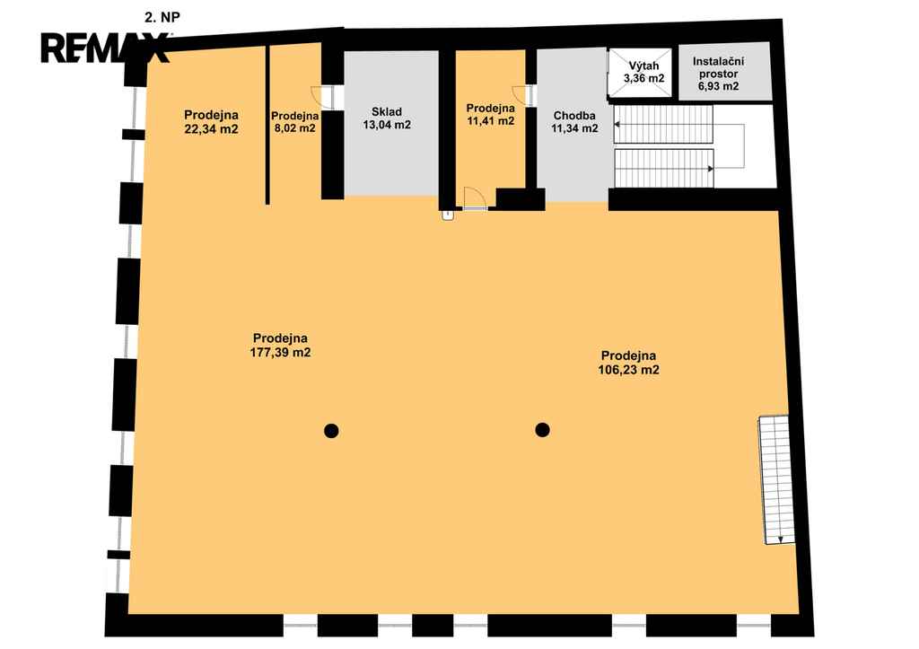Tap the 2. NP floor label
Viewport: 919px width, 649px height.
162,18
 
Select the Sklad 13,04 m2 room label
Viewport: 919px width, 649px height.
387,118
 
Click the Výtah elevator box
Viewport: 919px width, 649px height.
640,74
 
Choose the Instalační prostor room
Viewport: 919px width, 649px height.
724,71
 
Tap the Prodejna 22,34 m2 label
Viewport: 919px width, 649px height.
211,122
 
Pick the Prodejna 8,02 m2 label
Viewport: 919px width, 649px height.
294,122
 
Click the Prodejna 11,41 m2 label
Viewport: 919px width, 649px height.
491,114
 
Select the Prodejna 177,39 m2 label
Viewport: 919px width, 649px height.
280,346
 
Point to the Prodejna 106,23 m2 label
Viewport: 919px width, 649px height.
628,363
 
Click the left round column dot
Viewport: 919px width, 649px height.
331,431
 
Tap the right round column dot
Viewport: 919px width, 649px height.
542,430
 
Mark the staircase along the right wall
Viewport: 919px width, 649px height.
777,480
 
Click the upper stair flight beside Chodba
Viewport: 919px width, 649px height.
663,124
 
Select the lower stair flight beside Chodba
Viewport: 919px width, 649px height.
663,168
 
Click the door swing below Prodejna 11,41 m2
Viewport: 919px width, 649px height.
474,198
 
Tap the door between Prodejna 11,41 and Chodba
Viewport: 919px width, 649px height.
523,96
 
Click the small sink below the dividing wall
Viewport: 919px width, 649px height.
449,215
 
